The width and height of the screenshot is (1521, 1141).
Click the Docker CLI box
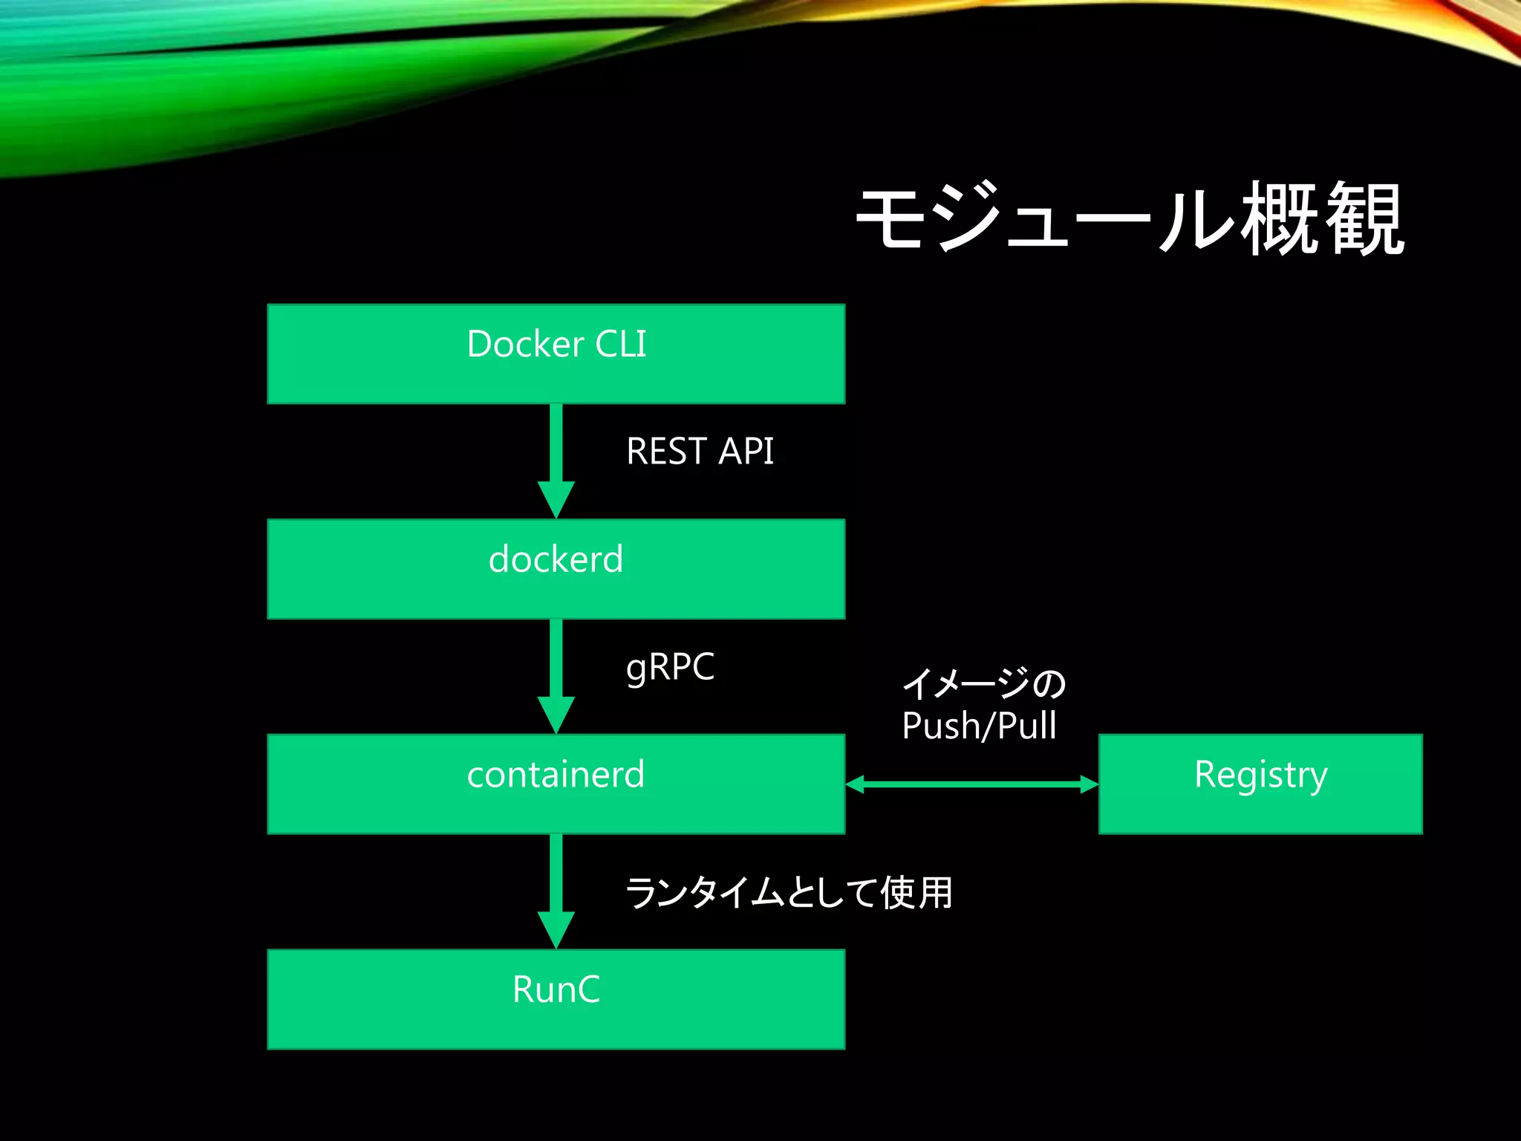coord(556,354)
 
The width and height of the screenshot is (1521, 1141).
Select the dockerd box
coord(556,569)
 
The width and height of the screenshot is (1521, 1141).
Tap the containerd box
coord(556,784)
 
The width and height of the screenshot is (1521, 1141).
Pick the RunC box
coord(556,999)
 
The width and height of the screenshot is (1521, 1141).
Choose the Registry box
coord(1260,784)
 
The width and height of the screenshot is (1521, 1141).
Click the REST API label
coord(700,452)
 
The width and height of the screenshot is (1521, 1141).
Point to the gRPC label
coord(670,666)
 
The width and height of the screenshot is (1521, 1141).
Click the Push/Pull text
coord(979,726)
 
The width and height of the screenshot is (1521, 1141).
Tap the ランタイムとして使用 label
coord(789,892)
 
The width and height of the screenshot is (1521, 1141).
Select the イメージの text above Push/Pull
coord(984,683)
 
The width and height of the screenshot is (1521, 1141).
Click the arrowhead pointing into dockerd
coord(556,499)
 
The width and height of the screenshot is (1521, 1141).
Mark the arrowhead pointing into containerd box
coord(556,715)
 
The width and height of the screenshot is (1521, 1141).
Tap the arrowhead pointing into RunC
coord(556,929)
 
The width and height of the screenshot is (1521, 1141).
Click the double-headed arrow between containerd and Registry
coord(971,784)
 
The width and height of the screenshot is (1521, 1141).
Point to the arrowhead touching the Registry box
coord(1089,784)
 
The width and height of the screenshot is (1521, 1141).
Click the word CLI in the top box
coord(620,345)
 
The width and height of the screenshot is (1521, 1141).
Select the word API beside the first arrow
coord(746,452)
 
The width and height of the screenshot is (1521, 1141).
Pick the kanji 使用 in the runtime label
coord(916,892)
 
